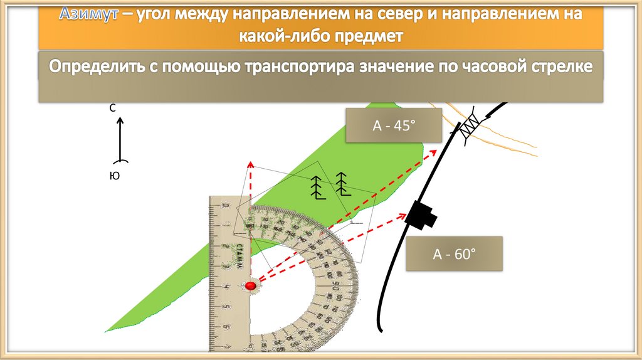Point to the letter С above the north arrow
click(x=113, y=108)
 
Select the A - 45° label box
click(x=394, y=125)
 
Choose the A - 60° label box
click(x=455, y=254)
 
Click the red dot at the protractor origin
click(x=250, y=286)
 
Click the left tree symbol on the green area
click(x=318, y=186)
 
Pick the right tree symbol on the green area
click(x=342, y=183)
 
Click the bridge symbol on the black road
click(x=470, y=128)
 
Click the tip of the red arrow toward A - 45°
click(x=435, y=150)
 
